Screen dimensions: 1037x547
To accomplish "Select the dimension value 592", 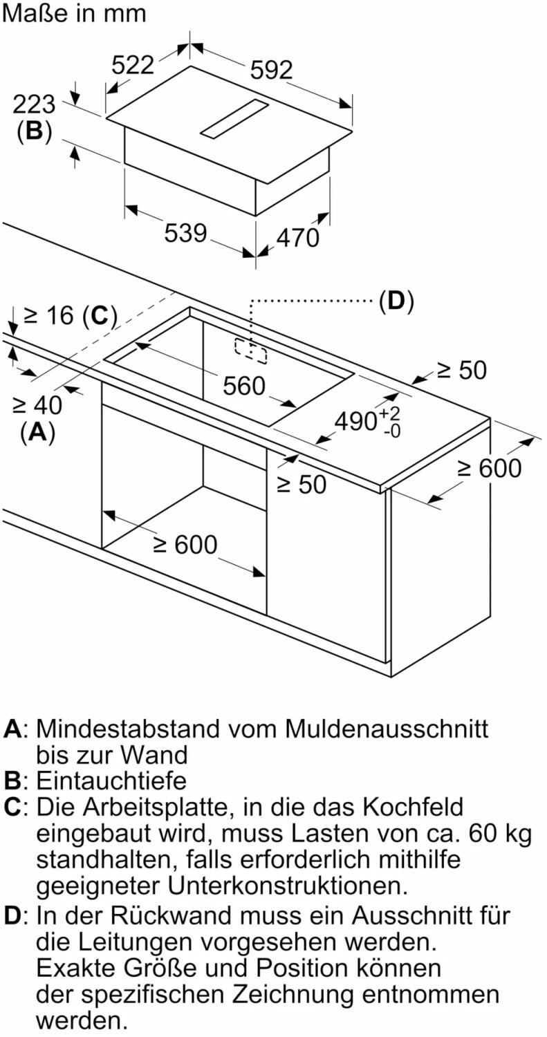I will (x=271, y=69).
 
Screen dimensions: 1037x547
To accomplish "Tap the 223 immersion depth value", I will (x=34, y=105).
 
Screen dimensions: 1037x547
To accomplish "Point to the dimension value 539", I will (x=185, y=233).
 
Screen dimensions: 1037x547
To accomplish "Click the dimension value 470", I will (x=298, y=238).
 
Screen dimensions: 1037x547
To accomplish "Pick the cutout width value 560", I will (x=243, y=386).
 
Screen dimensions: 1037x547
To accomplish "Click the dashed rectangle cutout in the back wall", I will (x=251, y=351).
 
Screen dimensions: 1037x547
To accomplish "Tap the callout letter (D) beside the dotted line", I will (x=396, y=301).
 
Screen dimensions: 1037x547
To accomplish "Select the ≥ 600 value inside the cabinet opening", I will (x=185, y=545).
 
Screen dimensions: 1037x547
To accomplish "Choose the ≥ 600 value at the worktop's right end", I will (x=490, y=468).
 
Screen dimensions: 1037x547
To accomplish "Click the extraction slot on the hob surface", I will (x=234, y=118).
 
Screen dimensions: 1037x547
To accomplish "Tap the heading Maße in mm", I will (x=75, y=13).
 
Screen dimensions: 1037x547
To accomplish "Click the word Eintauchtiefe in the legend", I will (x=111, y=781).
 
